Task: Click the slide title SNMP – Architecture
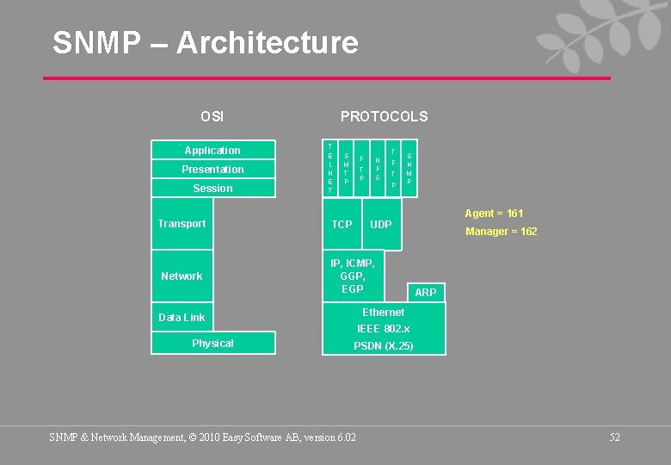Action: (205, 42)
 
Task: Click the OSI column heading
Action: (212, 116)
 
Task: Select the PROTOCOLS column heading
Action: (384, 116)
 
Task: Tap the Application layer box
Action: (212, 150)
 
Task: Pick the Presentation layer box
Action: (212, 170)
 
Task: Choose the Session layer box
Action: (212, 189)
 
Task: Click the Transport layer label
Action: (182, 224)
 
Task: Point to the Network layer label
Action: (182, 276)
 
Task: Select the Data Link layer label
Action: (182, 318)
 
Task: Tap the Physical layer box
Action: (212, 344)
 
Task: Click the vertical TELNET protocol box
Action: (330, 169)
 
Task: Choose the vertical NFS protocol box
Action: (378, 169)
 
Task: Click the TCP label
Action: (342, 225)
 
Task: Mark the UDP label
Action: (380, 225)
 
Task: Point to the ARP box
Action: (426, 293)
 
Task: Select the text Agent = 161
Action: (494, 214)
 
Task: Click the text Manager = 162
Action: (501, 232)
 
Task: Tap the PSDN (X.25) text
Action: (384, 346)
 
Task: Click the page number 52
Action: (614, 437)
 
